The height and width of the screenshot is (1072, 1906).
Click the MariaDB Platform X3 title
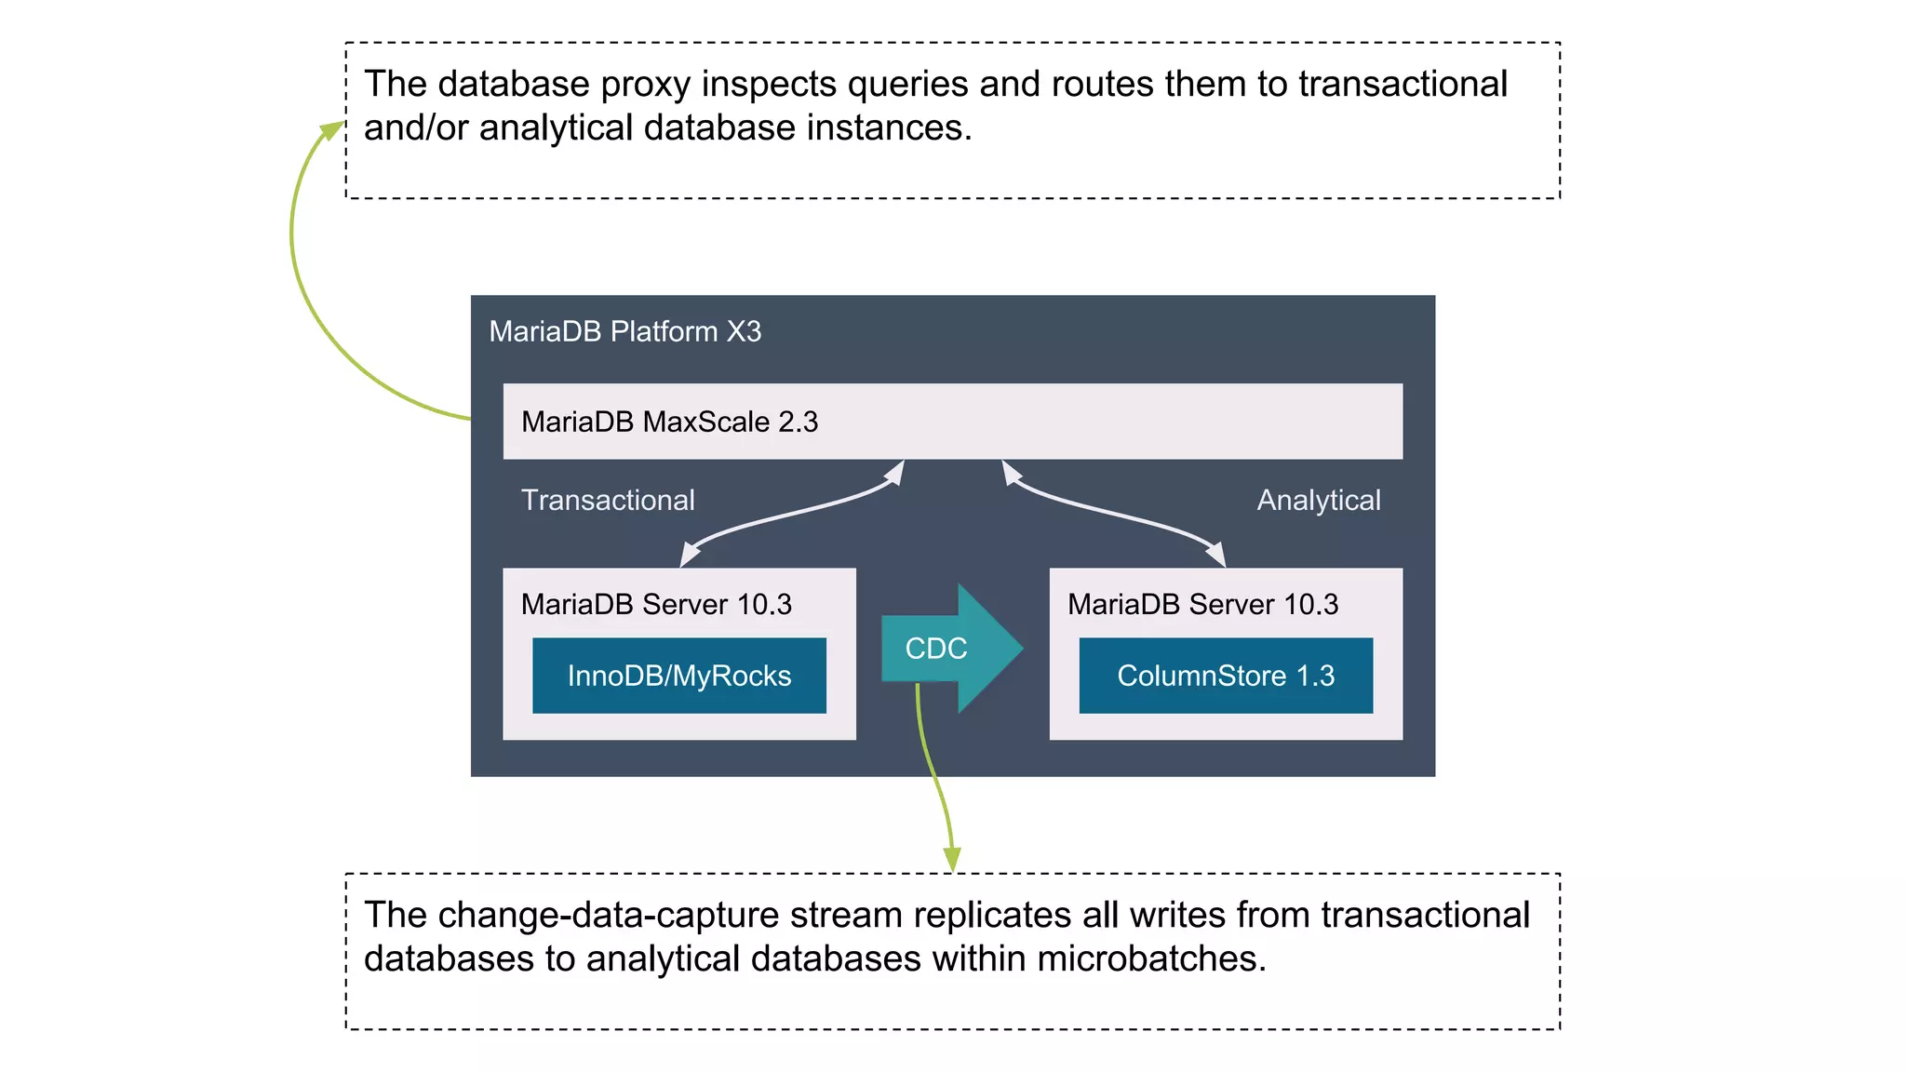pyautogui.click(x=624, y=331)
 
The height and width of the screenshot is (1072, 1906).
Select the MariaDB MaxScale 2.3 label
pyautogui.click(x=669, y=422)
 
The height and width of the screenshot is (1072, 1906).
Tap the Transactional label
pyautogui.click(x=608, y=500)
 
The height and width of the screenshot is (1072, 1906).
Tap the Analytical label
pyautogui.click(x=1318, y=500)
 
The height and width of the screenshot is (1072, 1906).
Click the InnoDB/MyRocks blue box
pyautogui.click(x=678, y=676)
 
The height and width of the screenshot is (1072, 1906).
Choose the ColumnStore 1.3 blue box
pyautogui.click(x=1225, y=676)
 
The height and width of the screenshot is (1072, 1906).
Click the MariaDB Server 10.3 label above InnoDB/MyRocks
pyautogui.click(x=656, y=604)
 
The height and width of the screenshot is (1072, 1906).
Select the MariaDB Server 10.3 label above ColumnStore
pyautogui.click(x=1202, y=604)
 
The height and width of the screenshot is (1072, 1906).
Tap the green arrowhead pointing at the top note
pyautogui.click(x=331, y=131)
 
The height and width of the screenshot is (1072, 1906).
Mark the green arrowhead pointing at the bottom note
pyautogui.click(x=952, y=859)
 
